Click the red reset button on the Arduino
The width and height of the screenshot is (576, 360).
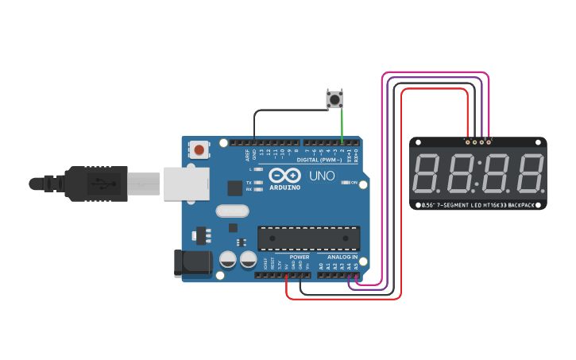click(199, 149)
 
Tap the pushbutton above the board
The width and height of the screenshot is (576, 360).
click(335, 99)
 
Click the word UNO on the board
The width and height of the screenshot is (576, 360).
click(321, 176)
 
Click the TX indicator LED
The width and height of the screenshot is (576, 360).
click(257, 182)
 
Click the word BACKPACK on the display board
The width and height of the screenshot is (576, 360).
click(521, 205)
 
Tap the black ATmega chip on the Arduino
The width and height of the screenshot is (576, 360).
click(308, 238)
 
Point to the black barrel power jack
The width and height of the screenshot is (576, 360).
click(191, 264)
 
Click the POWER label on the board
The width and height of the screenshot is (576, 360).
click(300, 257)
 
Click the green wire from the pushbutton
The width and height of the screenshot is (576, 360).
click(342, 127)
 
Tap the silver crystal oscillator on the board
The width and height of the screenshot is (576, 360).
click(231, 211)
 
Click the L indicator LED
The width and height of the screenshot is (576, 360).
click(257, 169)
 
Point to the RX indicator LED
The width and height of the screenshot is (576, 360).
click(257, 189)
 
